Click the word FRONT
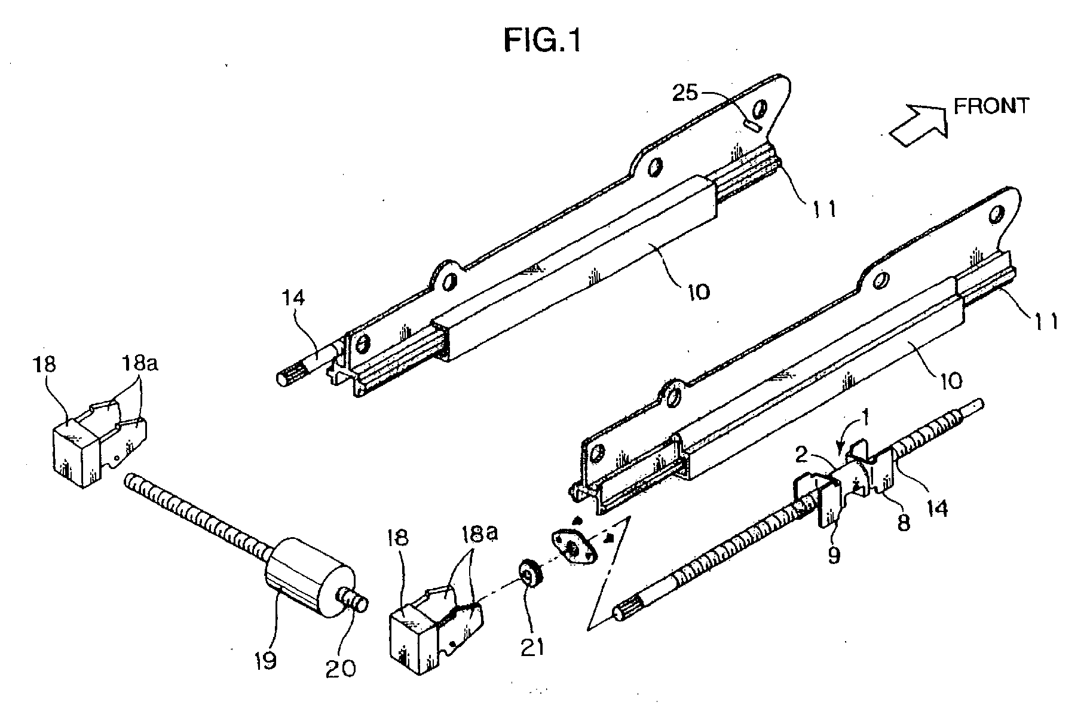991,106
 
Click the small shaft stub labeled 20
355,599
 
